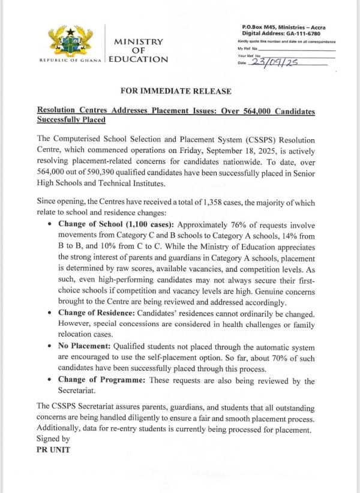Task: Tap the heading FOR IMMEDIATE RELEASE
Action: point(176,91)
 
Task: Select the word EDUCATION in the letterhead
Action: point(139,59)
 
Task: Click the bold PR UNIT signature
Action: point(53,449)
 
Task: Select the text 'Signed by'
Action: point(53,439)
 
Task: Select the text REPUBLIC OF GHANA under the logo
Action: point(71,61)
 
